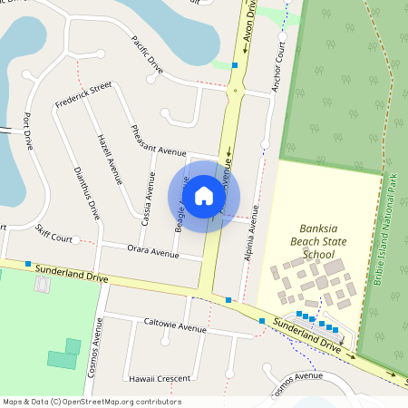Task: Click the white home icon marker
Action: tap(204, 195)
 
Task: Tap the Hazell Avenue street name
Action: tap(109, 159)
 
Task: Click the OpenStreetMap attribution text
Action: tap(92, 402)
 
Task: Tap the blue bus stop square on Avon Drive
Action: tap(235, 65)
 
